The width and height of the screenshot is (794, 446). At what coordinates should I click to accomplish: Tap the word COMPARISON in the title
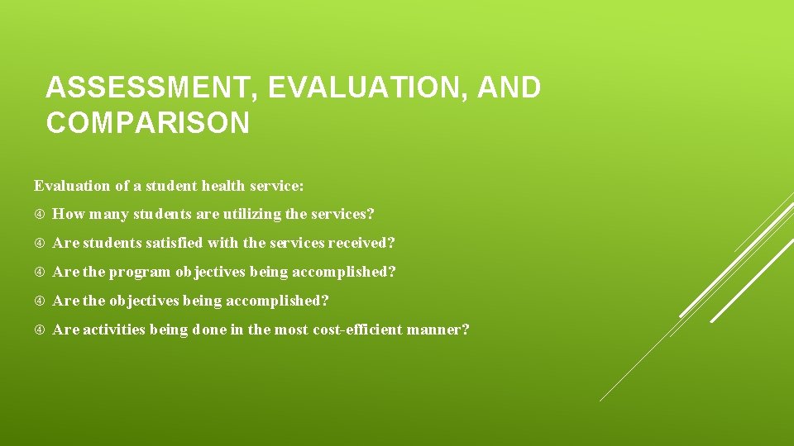point(147,123)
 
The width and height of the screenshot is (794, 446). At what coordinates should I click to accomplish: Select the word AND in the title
point(510,88)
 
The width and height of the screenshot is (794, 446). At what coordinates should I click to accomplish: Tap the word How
point(69,215)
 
